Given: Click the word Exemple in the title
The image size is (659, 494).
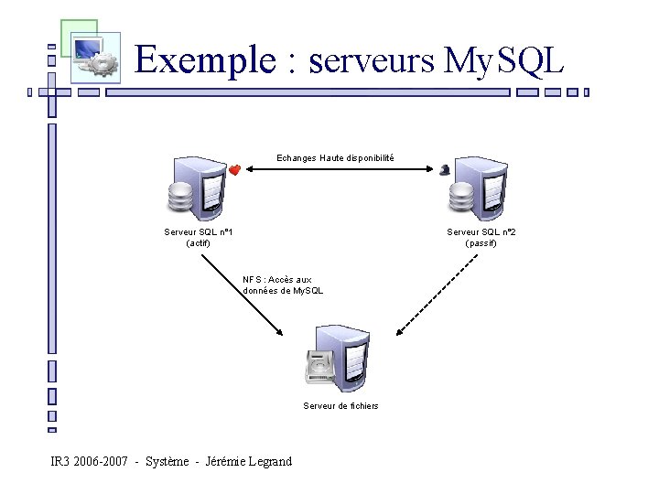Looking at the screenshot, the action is [x=204, y=59].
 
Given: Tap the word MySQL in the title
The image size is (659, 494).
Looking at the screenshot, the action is [x=502, y=59].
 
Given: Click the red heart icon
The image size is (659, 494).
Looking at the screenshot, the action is [x=234, y=170].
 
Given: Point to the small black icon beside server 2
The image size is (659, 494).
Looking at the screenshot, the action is [x=444, y=168].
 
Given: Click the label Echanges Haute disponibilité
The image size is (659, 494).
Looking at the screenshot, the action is [x=335, y=157].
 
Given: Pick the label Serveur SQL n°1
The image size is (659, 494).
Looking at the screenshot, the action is [x=198, y=232].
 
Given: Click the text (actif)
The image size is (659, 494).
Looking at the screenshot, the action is [x=198, y=243].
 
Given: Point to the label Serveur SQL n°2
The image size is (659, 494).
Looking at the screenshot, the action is [x=481, y=232].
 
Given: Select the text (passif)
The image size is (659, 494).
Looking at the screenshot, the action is [x=481, y=243].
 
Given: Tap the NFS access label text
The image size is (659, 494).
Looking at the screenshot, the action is [x=283, y=285].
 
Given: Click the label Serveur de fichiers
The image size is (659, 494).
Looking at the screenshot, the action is [x=340, y=405].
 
